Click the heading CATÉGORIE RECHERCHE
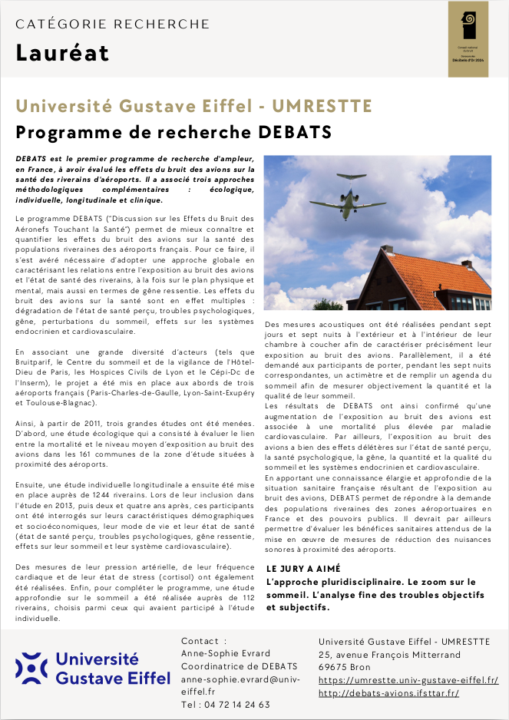(x=112, y=24)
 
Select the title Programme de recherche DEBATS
(x=174, y=132)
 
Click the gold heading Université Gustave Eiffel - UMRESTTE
(x=193, y=106)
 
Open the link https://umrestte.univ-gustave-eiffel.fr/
(x=408, y=680)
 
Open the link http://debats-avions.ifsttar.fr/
(x=388, y=693)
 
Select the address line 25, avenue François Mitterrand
(x=389, y=655)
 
